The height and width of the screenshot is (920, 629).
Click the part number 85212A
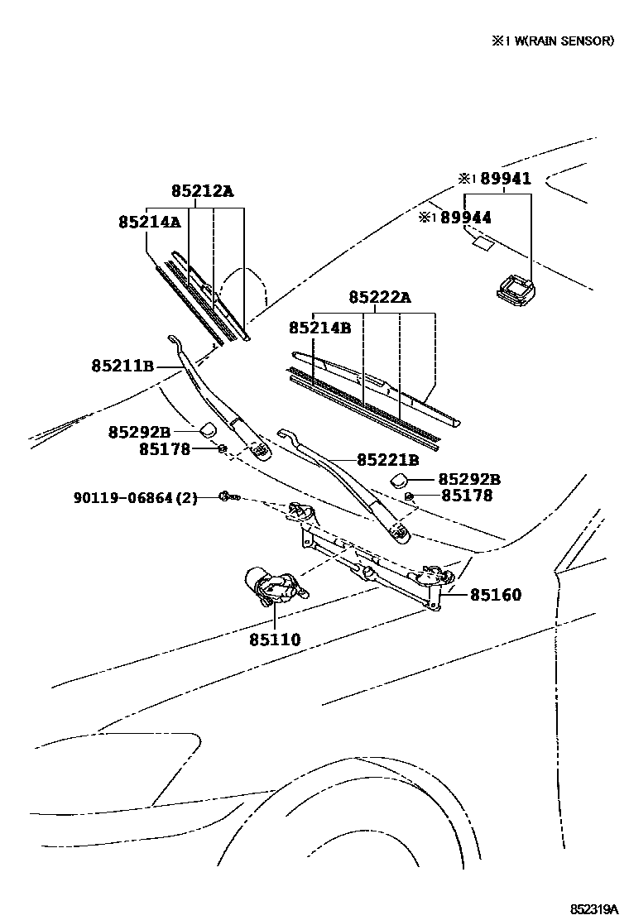pyautogui.click(x=202, y=192)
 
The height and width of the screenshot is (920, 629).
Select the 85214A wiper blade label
pyautogui.click(x=149, y=222)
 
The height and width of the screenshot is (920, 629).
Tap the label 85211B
pyautogui.click(x=122, y=365)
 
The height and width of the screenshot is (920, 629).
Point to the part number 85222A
pyautogui.click(x=379, y=297)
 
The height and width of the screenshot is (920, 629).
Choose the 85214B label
pyautogui.click(x=319, y=328)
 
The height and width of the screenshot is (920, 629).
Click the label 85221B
pyautogui.click(x=387, y=460)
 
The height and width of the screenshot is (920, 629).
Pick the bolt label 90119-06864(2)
pyautogui.click(x=136, y=498)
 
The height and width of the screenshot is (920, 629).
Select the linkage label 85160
pyautogui.click(x=497, y=594)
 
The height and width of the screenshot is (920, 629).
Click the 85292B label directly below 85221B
pyautogui.click(x=468, y=480)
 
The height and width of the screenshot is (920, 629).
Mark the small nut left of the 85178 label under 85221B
pyautogui.click(x=411, y=496)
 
